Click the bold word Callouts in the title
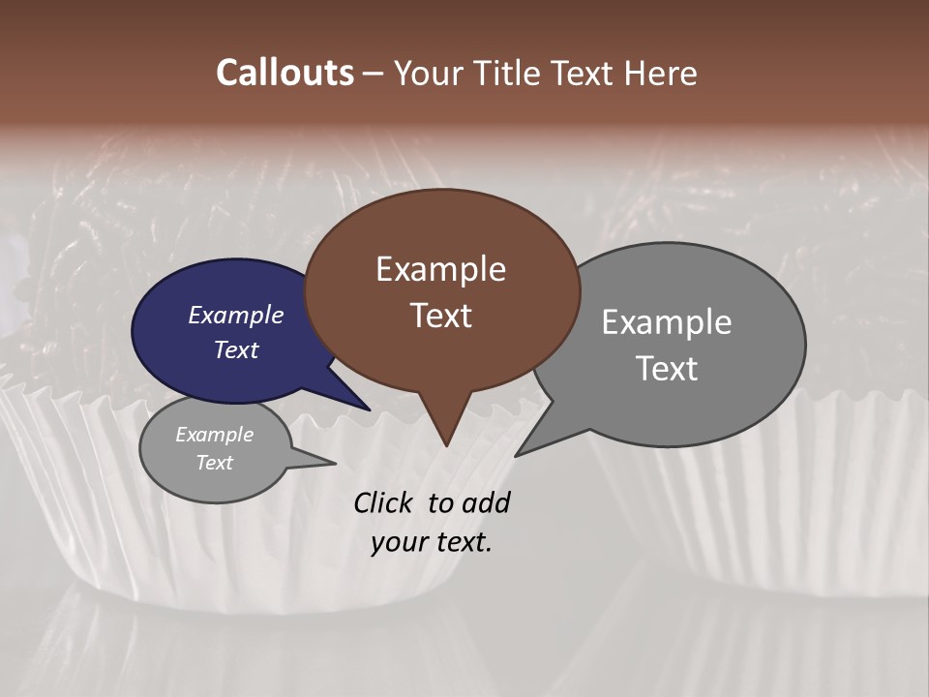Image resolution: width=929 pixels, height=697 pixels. tap(285, 73)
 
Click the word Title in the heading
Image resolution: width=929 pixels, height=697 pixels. tap(511, 73)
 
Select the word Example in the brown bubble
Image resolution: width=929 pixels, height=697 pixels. tap(440, 269)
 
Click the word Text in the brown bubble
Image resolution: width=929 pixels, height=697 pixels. tap(440, 316)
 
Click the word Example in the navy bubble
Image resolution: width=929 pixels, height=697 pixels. tap(235, 315)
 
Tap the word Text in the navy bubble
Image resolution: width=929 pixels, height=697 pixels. tap(235, 349)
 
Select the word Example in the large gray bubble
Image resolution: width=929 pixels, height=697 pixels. tap(666, 322)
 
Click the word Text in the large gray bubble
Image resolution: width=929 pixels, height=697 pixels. tap(666, 369)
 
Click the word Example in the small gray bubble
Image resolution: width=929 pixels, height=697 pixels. tap(214, 435)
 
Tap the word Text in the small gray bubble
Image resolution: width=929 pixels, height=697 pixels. tap(214, 463)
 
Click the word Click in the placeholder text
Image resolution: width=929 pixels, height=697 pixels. tap(384, 502)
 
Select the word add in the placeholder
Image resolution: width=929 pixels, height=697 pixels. tap(485, 502)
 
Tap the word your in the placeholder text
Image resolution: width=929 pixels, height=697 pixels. tap(398, 542)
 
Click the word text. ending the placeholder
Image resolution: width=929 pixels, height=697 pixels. tap(461, 542)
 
